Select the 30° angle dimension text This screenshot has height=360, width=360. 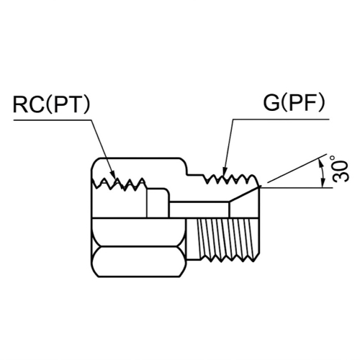coord(339,168)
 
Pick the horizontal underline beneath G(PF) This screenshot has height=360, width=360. coord(281,120)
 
